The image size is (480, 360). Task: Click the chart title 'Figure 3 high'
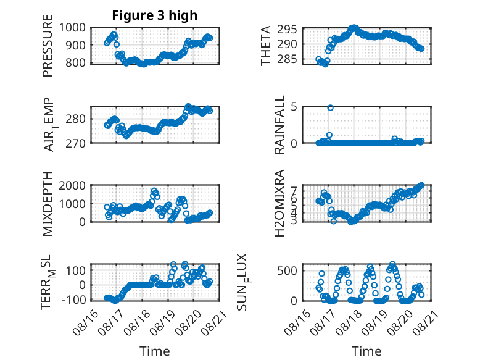pyautogui.click(x=155, y=15)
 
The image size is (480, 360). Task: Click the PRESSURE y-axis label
pyautogui.click(x=48, y=46)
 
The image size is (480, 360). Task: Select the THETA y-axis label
pyautogui.click(x=266, y=46)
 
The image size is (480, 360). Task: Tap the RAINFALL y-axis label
pyautogui.click(x=279, y=125)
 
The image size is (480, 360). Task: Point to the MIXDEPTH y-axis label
pyautogui.click(x=48, y=204)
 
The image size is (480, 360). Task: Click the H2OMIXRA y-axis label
pyautogui.click(x=279, y=203)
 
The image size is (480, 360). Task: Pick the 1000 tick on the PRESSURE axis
pyautogui.click(x=72, y=28)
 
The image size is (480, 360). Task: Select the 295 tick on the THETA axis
pyautogui.click(x=288, y=30)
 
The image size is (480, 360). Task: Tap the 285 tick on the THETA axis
pyautogui.click(x=288, y=59)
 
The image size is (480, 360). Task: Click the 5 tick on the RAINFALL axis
pyautogui.click(x=294, y=107)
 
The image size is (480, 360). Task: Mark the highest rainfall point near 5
pyautogui.click(x=330, y=107)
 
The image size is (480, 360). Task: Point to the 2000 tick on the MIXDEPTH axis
pyautogui.click(x=72, y=185)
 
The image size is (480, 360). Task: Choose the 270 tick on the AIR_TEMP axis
pyautogui.click(x=76, y=143)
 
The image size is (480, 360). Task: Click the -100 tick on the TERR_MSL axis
pyautogui.click(x=74, y=299)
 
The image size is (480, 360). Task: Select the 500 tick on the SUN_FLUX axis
pyautogui.click(x=288, y=271)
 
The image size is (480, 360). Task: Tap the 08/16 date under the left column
pyautogui.click(x=85, y=322)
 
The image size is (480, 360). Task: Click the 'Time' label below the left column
pyautogui.click(x=155, y=351)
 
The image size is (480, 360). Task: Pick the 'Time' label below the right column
pyautogui.click(x=366, y=351)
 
